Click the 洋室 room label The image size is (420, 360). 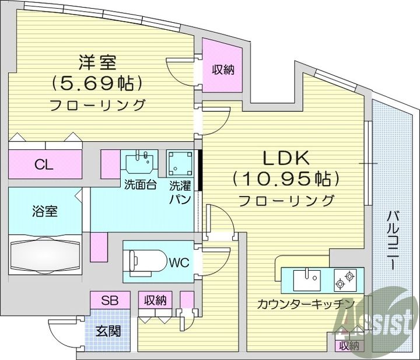[97, 62]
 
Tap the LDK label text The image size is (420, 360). [286, 158]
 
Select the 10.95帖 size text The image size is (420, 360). [286, 179]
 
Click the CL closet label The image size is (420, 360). [44, 165]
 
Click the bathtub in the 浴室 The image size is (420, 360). [45, 254]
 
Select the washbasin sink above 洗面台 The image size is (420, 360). [139, 163]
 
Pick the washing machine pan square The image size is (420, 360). [180, 163]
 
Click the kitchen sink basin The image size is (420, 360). [307, 280]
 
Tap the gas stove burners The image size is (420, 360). [345, 279]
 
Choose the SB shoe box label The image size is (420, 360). [110, 300]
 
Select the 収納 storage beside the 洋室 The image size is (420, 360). [223, 70]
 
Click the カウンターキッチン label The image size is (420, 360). [306, 303]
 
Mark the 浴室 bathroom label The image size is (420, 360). [44, 211]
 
